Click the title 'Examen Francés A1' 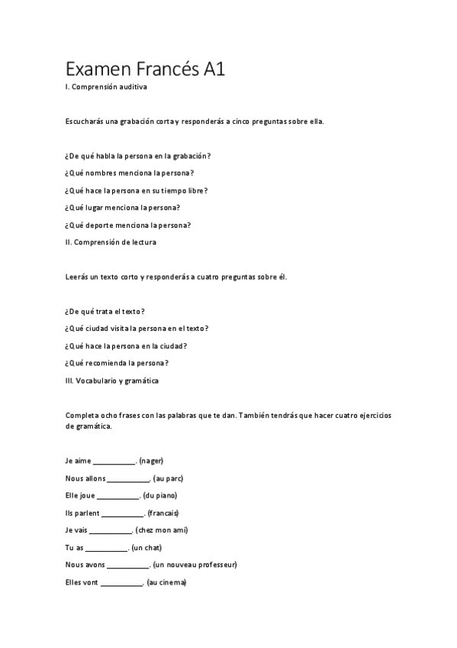click(x=145, y=70)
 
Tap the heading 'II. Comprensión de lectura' click(x=111, y=242)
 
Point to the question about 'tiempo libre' click(x=137, y=190)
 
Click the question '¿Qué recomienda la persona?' click(x=117, y=362)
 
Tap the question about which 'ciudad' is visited click(x=137, y=328)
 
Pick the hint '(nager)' click(x=152, y=461)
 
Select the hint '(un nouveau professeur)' click(x=195, y=565)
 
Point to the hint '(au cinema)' click(x=166, y=582)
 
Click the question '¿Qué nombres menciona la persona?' click(x=130, y=173)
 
